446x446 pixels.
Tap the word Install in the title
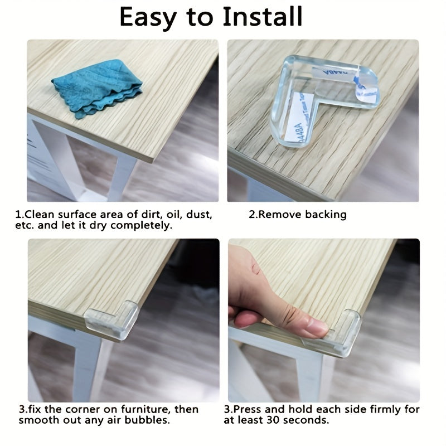pos(263,18)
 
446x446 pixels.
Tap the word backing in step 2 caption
pos(326,215)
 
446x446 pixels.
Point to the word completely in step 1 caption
pos(143,226)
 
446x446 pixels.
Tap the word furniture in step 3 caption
pos(139,409)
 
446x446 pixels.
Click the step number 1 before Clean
pos(18,215)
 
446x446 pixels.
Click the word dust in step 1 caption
pos(191,215)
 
